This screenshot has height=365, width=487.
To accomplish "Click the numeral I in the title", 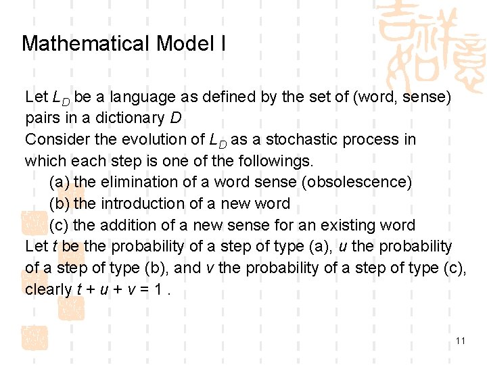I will point(223,45).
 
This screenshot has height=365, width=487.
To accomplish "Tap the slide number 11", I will point(461,341).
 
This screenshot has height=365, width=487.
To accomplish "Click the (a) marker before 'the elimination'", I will point(60,182).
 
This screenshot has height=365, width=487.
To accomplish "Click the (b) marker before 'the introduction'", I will point(60,204).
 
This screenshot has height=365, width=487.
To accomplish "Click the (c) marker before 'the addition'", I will point(60,225).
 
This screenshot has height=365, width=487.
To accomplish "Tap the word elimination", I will point(145,182).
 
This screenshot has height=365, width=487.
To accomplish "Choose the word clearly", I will point(48,289).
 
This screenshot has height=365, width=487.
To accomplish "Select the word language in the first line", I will point(145,97).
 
